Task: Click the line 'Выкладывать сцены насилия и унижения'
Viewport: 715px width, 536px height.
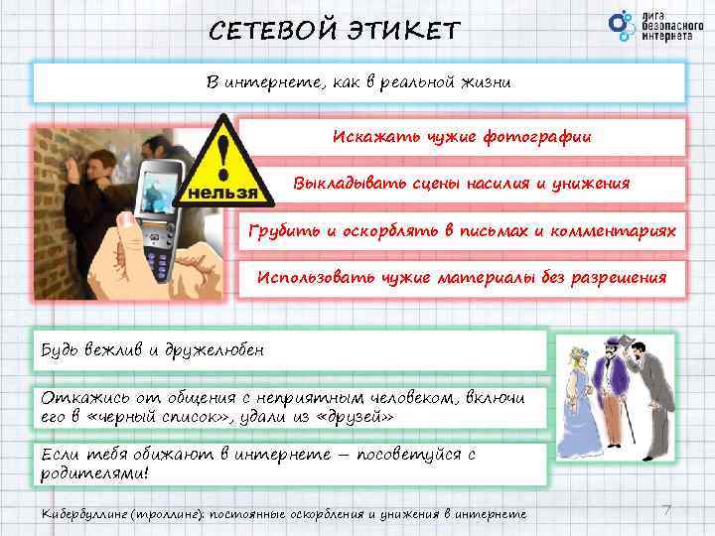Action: coord(461,183)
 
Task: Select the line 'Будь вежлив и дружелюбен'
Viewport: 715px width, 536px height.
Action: coord(153,350)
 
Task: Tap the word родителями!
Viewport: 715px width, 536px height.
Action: coord(95,472)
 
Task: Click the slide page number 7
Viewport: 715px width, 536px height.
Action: coord(666,509)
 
